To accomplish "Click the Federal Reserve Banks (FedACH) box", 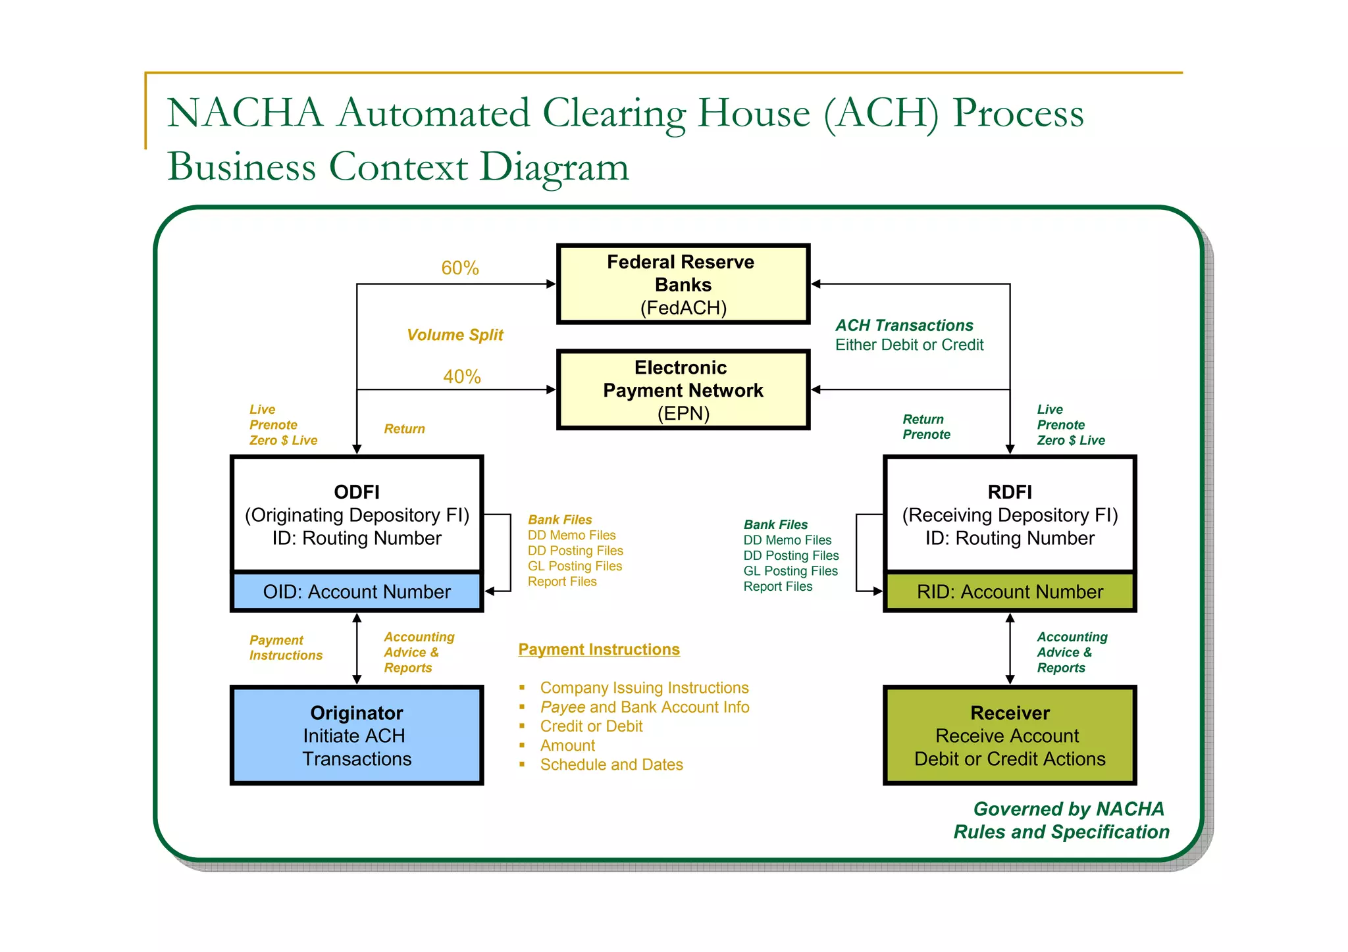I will [683, 284].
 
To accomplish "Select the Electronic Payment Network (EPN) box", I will [683, 389].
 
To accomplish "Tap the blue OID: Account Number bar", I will [356, 591].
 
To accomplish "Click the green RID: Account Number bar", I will [1009, 591].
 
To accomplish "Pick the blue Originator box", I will [356, 735].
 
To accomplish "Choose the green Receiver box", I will [1009, 735].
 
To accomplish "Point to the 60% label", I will [459, 268].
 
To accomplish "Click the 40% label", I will [461, 376].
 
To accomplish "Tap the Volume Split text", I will [454, 335].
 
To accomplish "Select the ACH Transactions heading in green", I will [904, 325].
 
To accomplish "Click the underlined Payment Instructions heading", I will [598, 649].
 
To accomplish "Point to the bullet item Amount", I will [567, 745].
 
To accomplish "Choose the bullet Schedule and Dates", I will [611, 764].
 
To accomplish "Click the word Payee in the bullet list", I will [562, 707].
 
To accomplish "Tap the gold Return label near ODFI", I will [404, 429].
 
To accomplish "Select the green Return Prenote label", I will [925, 426].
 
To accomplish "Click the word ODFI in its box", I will [356, 491].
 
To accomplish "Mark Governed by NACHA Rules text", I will [1061, 820].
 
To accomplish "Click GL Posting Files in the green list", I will [790, 571].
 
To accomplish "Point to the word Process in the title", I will [1018, 113].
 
